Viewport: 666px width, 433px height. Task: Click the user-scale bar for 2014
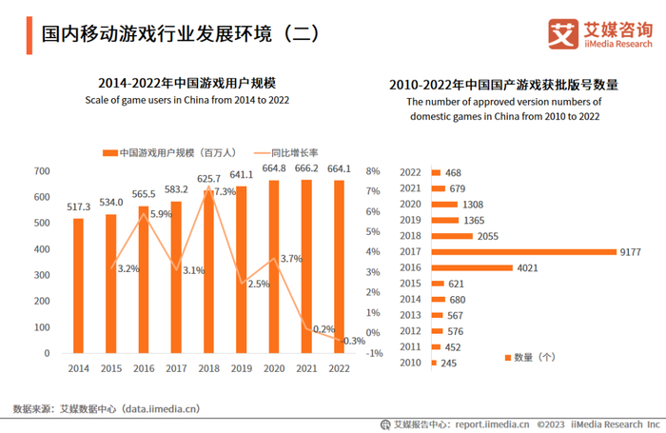pos(78,285)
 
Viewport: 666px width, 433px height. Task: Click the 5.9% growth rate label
pos(161,214)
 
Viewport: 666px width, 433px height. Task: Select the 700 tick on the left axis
pos(42,171)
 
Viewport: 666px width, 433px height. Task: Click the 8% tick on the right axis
pos(372,171)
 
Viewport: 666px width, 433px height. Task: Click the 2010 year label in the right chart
pos(410,363)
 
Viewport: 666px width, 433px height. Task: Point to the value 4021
pos(530,267)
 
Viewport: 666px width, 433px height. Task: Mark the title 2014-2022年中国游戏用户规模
pos(187,83)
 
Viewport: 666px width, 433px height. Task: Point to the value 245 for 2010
pos(450,363)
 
